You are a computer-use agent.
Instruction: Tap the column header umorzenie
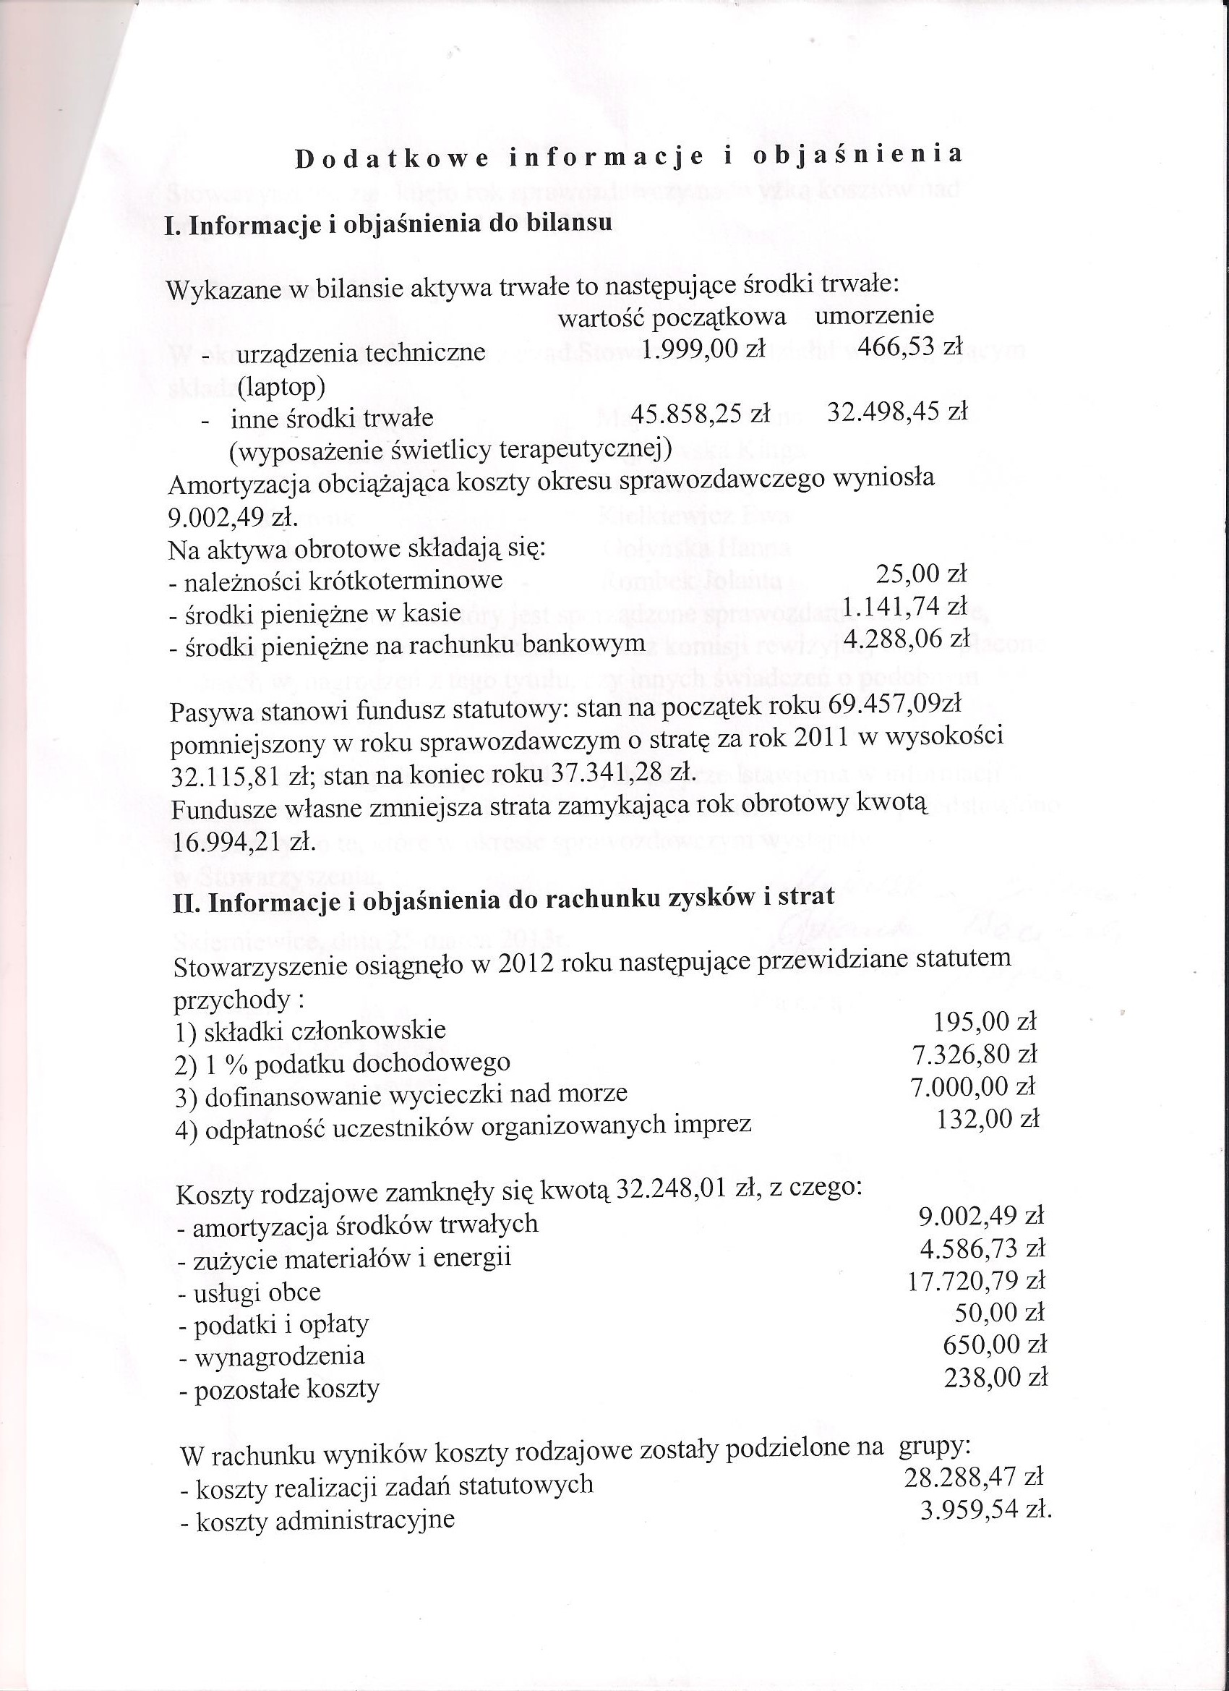[873, 315]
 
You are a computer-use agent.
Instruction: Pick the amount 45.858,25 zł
[700, 413]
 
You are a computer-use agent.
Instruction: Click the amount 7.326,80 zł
[974, 1054]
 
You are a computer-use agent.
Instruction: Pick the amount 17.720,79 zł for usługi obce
[977, 1281]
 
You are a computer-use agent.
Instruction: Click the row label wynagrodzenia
[280, 1356]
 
